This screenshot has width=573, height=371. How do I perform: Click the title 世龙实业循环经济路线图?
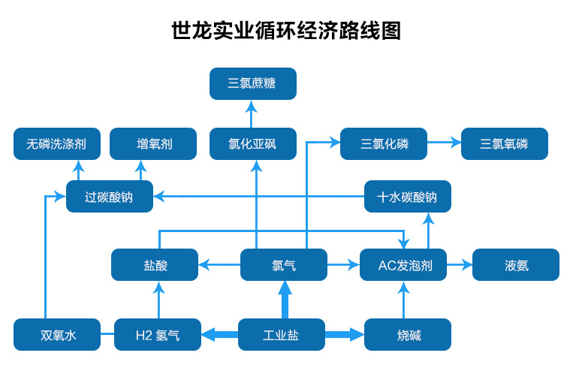tap(286, 30)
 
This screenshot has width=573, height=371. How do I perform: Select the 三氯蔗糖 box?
tap(253, 83)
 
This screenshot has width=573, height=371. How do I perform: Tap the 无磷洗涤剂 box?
tap(57, 143)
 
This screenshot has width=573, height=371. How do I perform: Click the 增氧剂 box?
tap(153, 143)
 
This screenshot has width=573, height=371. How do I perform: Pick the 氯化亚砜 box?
tap(253, 143)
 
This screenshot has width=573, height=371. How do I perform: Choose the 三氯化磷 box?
tap(384, 143)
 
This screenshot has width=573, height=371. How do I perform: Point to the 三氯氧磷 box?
tap(505, 143)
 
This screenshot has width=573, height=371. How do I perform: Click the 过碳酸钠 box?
tap(110, 196)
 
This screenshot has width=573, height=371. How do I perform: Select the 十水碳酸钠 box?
tap(408, 196)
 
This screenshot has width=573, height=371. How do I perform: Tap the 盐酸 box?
tap(155, 264)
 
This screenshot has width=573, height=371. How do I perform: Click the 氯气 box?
tap(284, 264)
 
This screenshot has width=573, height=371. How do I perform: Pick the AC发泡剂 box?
tap(403, 264)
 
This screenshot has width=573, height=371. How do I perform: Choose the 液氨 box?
tap(516, 264)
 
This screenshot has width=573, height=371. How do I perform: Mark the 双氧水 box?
tap(57, 334)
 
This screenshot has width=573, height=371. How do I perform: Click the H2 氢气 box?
tap(158, 334)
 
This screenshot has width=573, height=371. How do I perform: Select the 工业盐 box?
tap(282, 334)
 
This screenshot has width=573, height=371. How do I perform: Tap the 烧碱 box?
tap(408, 334)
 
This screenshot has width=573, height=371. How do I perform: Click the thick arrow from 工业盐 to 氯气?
tap(285, 300)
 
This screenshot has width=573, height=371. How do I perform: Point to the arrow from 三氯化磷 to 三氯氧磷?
tap(444, 142)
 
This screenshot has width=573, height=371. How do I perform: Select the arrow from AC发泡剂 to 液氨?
tap(460, 264)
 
